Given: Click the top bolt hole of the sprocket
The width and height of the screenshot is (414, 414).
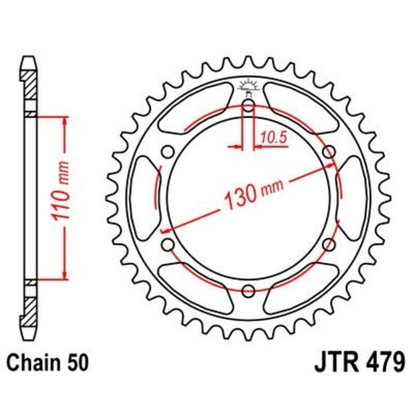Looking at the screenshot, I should tap(248, 107).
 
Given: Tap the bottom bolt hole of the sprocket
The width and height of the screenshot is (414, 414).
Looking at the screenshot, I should tap(248, 290).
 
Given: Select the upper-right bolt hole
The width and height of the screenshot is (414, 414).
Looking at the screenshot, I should tap(328, 152).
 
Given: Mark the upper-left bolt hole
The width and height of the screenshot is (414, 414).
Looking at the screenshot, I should tap(168, 152).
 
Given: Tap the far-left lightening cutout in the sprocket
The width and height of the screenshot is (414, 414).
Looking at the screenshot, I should tap(143, 198).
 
